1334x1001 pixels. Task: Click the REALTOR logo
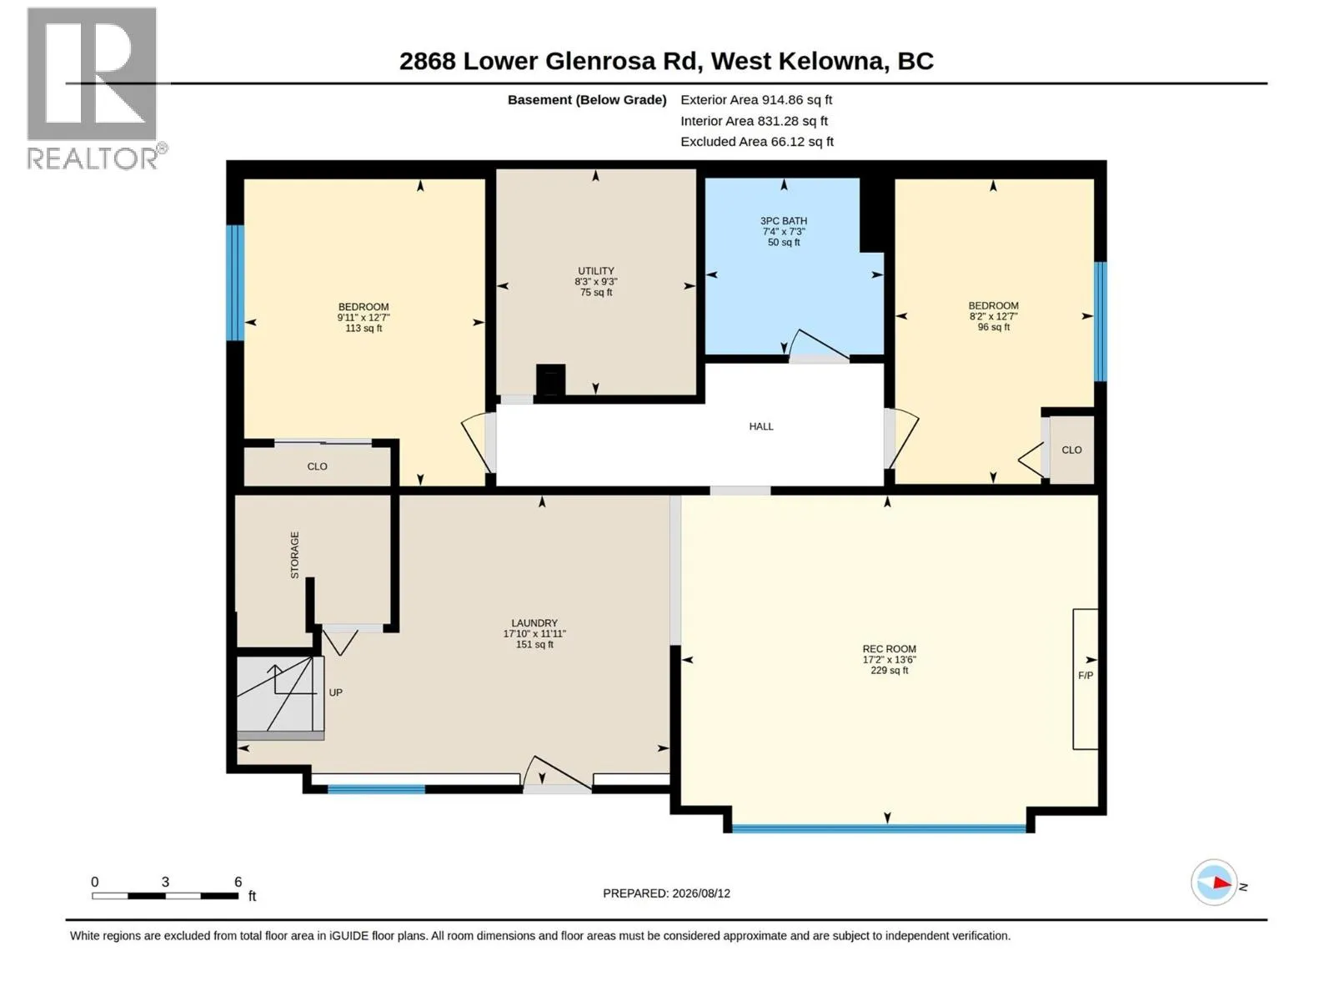(95, 88)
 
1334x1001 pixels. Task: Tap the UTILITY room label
(595, 271)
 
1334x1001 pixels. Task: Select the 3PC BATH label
(784, 221)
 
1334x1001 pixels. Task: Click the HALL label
(761, 426)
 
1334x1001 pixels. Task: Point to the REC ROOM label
(889, 649)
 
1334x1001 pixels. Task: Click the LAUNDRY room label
(534, 623)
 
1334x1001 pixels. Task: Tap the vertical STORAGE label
(295, 555)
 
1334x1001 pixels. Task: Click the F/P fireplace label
(1086, 675)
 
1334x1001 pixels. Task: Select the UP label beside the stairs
(335, 692)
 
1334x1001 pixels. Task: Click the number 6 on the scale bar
(238, 881)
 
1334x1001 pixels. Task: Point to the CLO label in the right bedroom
(1071, 450)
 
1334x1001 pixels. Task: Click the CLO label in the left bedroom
(317, 466)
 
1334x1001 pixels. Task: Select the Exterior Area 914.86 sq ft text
(756, 99)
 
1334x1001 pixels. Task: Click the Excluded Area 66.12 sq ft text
(757, 142)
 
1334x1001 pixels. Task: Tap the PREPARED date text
(666, 893)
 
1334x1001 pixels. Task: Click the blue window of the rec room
(878, 827)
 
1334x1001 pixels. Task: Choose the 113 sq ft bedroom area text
(364, 328)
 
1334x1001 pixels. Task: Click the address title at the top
(666, 61)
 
